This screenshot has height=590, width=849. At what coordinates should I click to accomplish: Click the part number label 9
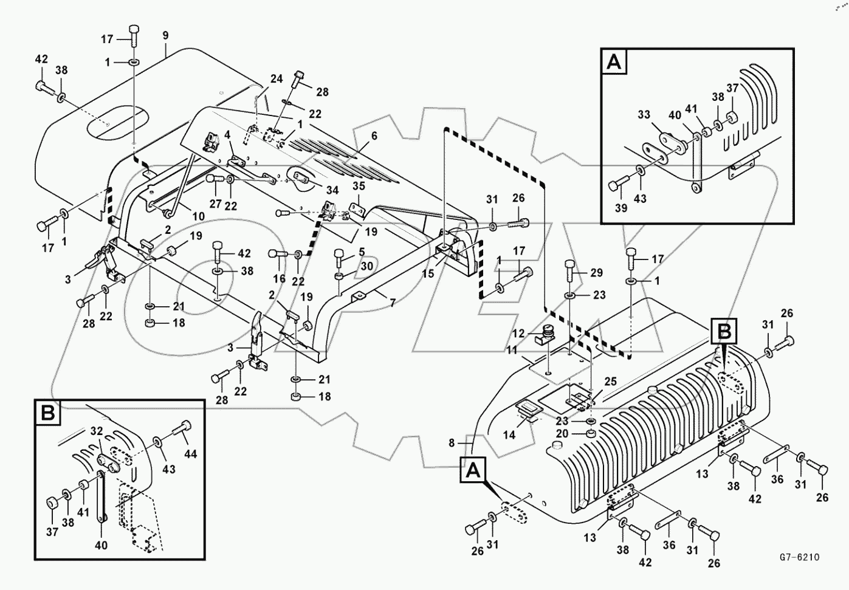tap(165, 35)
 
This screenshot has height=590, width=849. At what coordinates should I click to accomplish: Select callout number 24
tap(277, 79)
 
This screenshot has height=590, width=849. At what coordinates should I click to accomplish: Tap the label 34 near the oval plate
tap(332, 191)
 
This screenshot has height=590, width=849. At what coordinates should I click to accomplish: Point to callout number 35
tap(359, 187)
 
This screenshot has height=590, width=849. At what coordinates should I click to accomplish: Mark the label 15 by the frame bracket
tap(428, 273)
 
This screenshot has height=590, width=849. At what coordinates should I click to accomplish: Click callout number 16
tap(279, 279)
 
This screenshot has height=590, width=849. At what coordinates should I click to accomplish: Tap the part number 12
tap(518, 333)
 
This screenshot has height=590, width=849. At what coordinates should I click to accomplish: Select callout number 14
tap(509, 434)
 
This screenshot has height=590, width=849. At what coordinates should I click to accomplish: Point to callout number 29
tap(597, 273)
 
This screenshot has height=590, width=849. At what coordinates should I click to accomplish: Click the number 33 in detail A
tap(644, 114)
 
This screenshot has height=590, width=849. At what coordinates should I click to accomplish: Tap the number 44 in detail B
tap(191, 454)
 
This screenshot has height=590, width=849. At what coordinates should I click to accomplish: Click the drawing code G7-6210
tap(800, 557)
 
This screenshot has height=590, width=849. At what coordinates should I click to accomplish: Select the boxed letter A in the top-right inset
tap(614, 62)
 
